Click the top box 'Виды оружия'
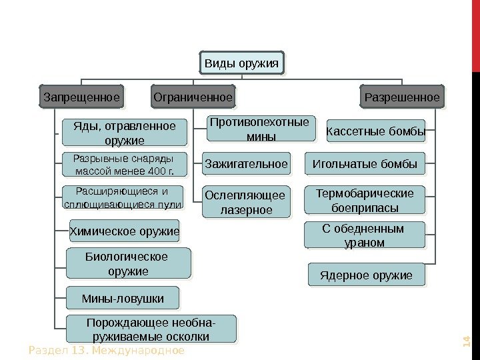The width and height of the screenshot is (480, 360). (241, 63)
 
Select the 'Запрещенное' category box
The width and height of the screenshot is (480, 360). (82, 97)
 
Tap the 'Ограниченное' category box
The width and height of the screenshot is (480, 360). (193, 97)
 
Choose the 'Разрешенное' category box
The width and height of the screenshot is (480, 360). (402, 97)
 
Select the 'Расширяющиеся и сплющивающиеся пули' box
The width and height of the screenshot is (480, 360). (123, 198)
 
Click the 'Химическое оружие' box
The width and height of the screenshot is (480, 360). (125, 232)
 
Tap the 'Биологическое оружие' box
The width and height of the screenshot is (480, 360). (127, 263)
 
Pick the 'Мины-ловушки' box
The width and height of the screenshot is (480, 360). (123, 297)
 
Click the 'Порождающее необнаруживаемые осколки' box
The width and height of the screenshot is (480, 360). (151, 329)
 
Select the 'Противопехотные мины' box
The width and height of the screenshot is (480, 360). (260, 129)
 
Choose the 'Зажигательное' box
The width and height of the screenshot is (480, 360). (246, 163)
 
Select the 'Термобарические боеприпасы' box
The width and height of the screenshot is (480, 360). (365, 200)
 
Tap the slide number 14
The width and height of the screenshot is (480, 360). (466, 343)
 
